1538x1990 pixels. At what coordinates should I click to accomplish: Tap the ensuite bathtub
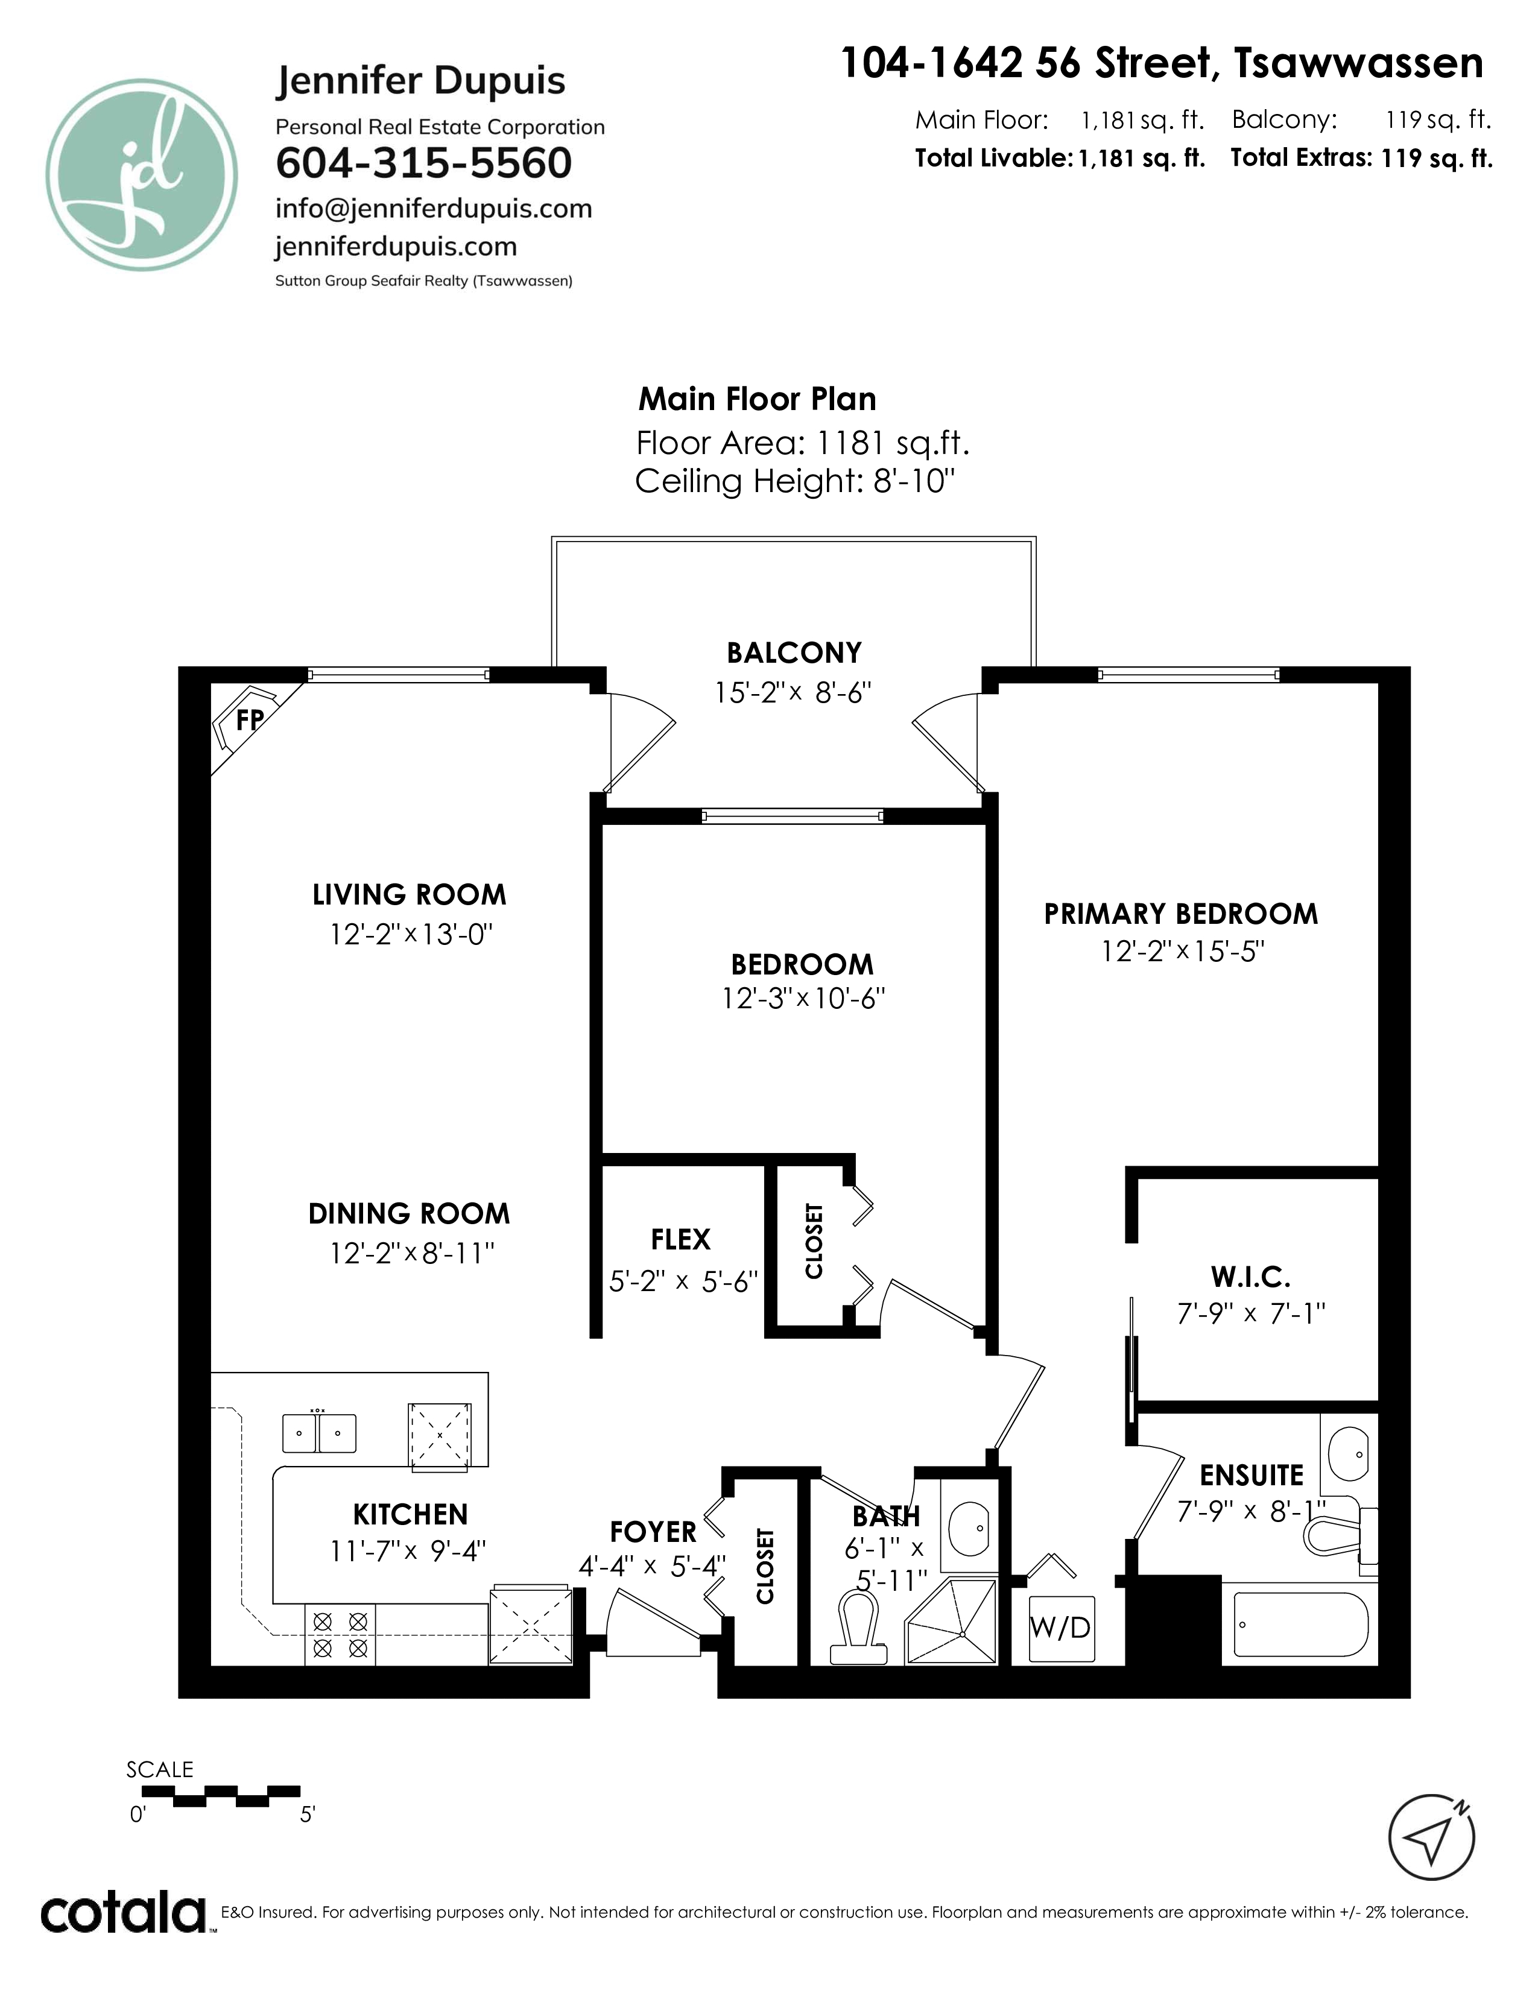tap(1300, 1625)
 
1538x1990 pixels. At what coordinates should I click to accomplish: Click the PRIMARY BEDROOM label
tap(1181, 914)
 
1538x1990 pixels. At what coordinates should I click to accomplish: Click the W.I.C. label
tap(1250, 1277)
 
